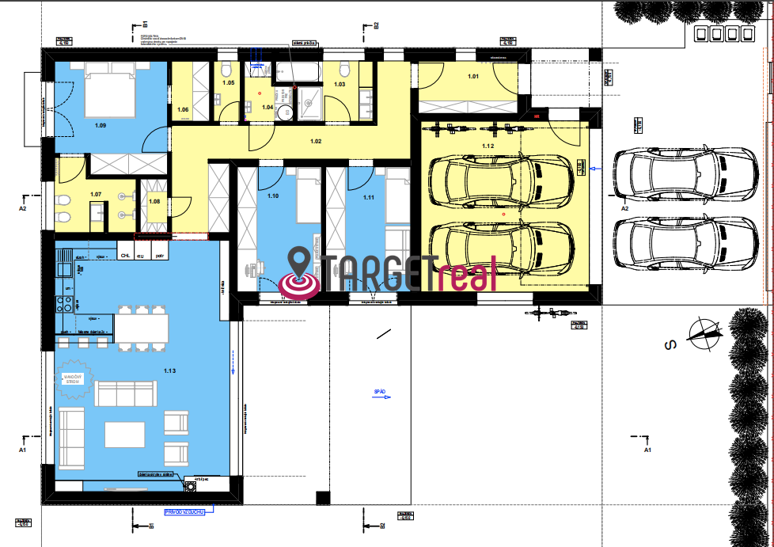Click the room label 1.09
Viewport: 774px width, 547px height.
(101, 125)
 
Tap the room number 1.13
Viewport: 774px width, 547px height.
(169, 370)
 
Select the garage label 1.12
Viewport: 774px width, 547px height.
(488, 146)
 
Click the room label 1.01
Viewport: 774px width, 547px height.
(473, 77)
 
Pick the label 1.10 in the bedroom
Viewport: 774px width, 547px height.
(274, 196)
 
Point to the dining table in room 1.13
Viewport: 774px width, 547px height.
(142, 329)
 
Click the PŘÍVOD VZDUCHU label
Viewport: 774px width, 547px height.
(186, 512)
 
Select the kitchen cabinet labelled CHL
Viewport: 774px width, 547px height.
(125, 255)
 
